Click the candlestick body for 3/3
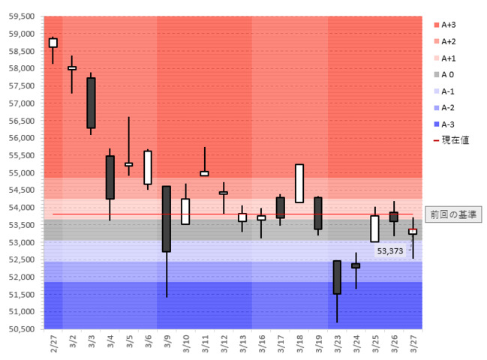point(91,103)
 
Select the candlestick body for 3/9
point(167,218)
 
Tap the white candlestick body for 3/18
point(299,183)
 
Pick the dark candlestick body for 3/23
point(337,277)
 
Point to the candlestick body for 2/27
point(53,43)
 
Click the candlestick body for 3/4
point(110,177)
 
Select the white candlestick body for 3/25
point(374,229)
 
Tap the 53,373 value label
point(390,251)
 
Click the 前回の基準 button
point(452,214)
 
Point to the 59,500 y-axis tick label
point(22,16)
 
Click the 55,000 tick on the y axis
point(22,172)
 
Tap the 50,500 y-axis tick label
point(22,329)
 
